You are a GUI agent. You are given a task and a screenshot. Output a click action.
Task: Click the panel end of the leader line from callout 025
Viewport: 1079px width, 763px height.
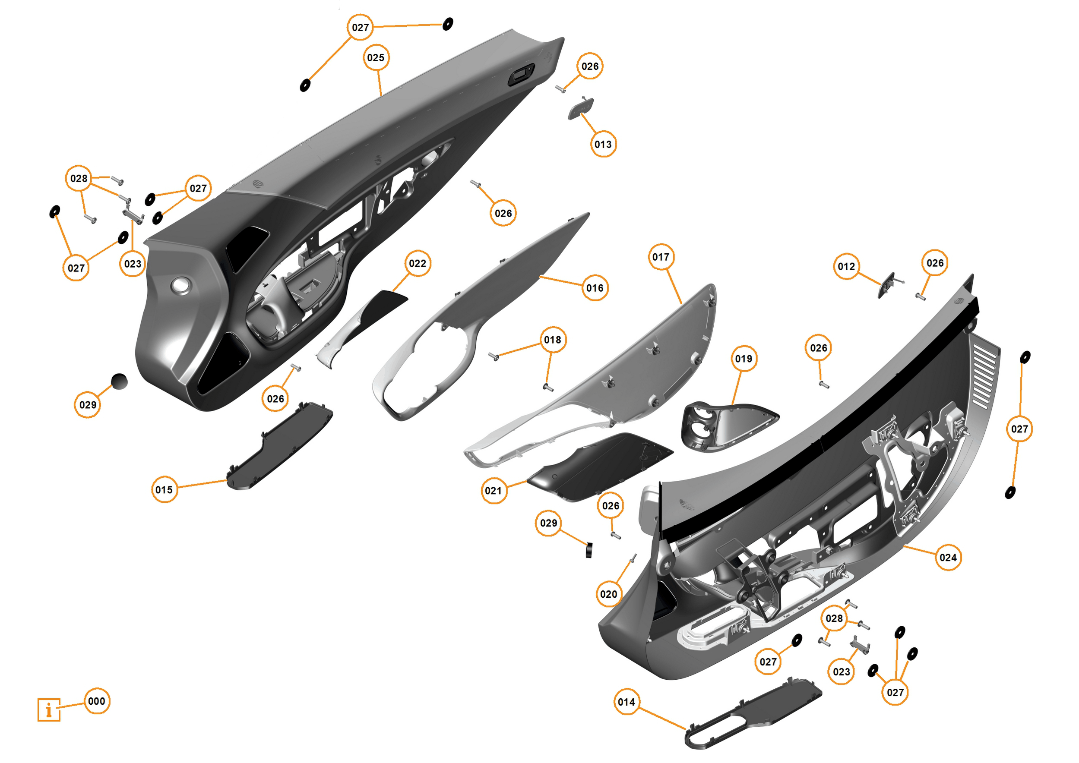(x=381, y=95)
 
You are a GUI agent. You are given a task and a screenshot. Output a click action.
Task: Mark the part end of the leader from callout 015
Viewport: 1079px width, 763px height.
(x=228, y=480)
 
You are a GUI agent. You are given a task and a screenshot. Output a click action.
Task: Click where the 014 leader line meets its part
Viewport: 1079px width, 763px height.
(x=686, y=729)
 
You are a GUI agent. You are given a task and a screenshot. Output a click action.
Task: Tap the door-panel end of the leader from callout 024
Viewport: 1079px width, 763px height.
(x=904, y=546)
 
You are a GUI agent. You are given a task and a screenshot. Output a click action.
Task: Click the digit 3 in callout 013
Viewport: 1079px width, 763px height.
(x=609, y=144)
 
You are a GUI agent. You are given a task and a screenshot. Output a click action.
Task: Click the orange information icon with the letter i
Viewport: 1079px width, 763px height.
(x=49, y=709)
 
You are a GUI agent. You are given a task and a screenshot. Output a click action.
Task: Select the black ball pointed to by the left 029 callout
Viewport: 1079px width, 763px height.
(x=119, y=381)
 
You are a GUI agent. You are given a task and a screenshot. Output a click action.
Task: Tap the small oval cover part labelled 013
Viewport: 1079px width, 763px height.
(x=581, y=108)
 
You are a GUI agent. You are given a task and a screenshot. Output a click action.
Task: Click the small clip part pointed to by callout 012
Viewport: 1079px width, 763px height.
(x=886, y=285)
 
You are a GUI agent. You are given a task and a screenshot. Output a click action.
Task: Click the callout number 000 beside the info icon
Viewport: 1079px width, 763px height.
(x=97, y=701)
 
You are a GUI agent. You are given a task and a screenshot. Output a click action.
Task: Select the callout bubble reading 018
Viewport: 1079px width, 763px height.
(x=553, y=340)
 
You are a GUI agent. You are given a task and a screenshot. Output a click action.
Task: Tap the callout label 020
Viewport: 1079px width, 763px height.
(x=608, y=594)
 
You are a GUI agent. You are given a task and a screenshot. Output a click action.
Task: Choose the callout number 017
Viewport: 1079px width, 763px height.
(x=661, y=257)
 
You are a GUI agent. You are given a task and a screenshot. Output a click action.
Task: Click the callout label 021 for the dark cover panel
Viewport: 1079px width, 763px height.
(x=494, y=491)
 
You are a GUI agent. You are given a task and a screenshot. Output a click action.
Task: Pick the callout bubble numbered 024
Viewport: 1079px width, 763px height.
(x=948, y=558)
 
